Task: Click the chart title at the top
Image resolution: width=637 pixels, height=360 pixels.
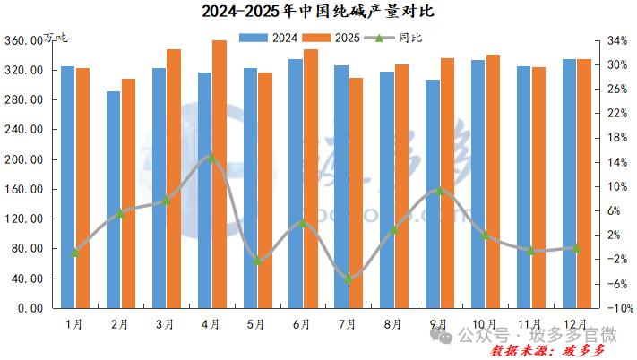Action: click(317, 13)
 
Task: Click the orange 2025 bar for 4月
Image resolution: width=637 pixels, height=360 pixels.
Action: click(219, 175)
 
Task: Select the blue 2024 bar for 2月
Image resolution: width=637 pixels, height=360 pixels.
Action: click(113, 199)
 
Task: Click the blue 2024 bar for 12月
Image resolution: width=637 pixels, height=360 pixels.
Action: click(569, 184)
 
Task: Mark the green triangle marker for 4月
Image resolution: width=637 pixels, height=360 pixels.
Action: click(211, 158)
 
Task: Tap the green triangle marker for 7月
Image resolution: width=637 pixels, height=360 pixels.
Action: click(349, 279)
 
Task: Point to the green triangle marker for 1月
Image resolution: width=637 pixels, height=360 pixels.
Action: click(75, 253)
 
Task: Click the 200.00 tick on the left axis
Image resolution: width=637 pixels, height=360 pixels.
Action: click(26, 159)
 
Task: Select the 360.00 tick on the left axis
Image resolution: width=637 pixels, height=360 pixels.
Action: click(26, 41)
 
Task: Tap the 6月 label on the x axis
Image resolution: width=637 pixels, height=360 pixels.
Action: click(303, 323)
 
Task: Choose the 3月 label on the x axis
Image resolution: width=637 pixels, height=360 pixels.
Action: click(166, 323)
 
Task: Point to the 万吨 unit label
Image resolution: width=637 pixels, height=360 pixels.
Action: click(55, 37)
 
